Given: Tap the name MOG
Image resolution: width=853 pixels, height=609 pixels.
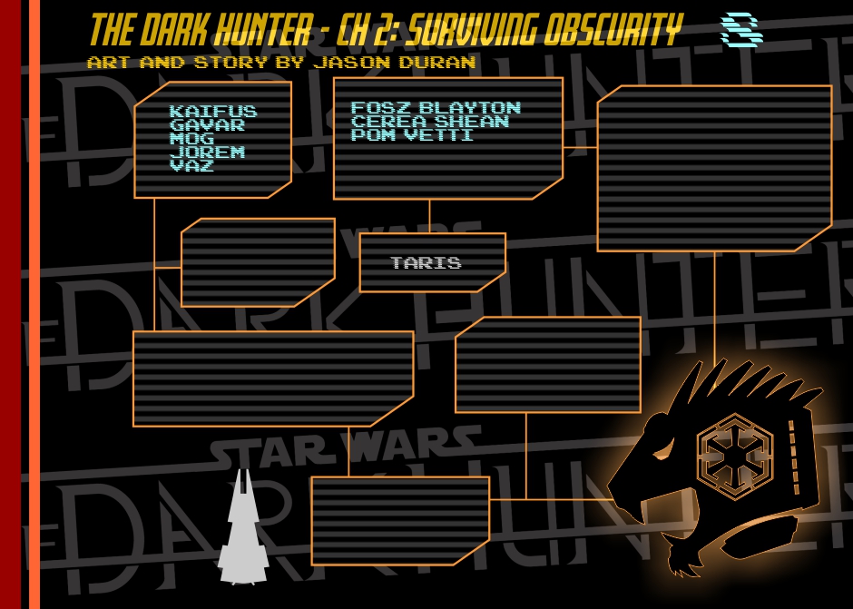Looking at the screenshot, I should [191, 139].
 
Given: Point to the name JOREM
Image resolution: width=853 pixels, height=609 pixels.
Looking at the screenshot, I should [207, 152].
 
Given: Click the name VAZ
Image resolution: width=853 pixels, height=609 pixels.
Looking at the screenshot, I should [191, 166].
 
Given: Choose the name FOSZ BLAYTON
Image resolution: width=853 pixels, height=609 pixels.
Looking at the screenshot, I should [436, 108].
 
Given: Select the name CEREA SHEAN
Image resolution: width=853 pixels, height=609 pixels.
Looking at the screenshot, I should [430, 122].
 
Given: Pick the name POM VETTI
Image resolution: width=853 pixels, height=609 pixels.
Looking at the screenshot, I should [412, 134].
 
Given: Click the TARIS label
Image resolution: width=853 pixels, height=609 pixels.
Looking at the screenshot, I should [426, 263].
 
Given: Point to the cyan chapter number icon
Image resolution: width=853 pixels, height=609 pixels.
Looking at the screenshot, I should [740, 30].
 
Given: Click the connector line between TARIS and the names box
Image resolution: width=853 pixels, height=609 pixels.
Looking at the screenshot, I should [429, 216].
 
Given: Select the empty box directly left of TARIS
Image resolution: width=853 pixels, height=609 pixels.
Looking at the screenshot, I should [258, 262].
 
